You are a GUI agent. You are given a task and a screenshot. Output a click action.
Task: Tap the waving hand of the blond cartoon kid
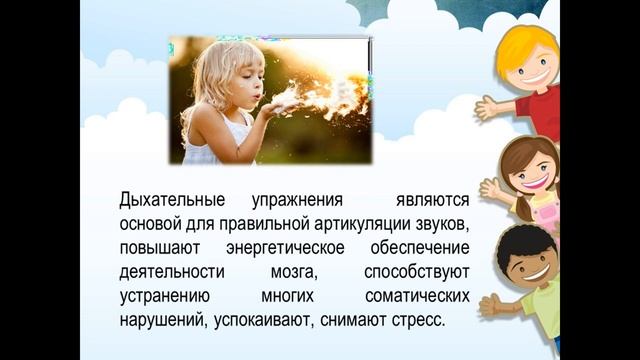point(487,106)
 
